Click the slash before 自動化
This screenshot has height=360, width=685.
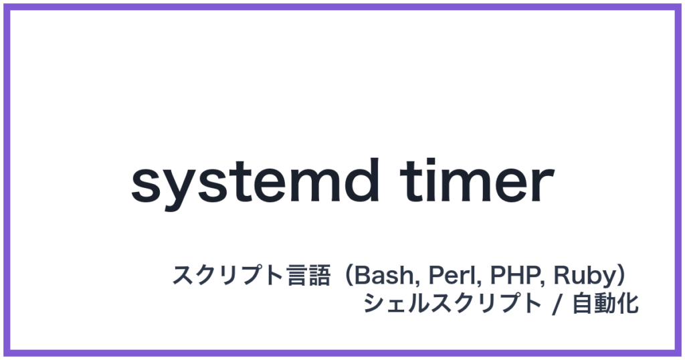(x=555, y=305)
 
